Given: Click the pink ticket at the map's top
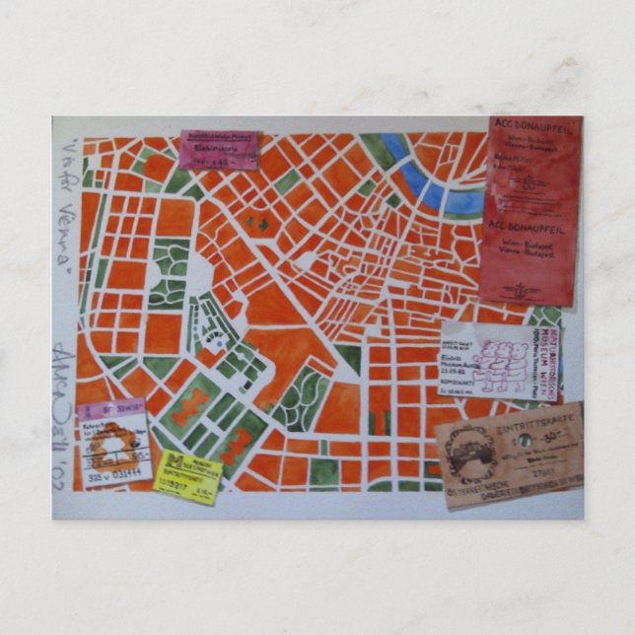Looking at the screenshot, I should pyautogui.click(x=218, y=150).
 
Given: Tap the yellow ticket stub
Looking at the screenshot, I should pyautogui.click(x=187, y=476).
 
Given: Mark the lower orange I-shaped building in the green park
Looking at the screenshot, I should pyautogui.click(x=235, y=448).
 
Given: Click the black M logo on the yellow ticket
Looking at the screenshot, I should pyautogui.click(x=170, y=463).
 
